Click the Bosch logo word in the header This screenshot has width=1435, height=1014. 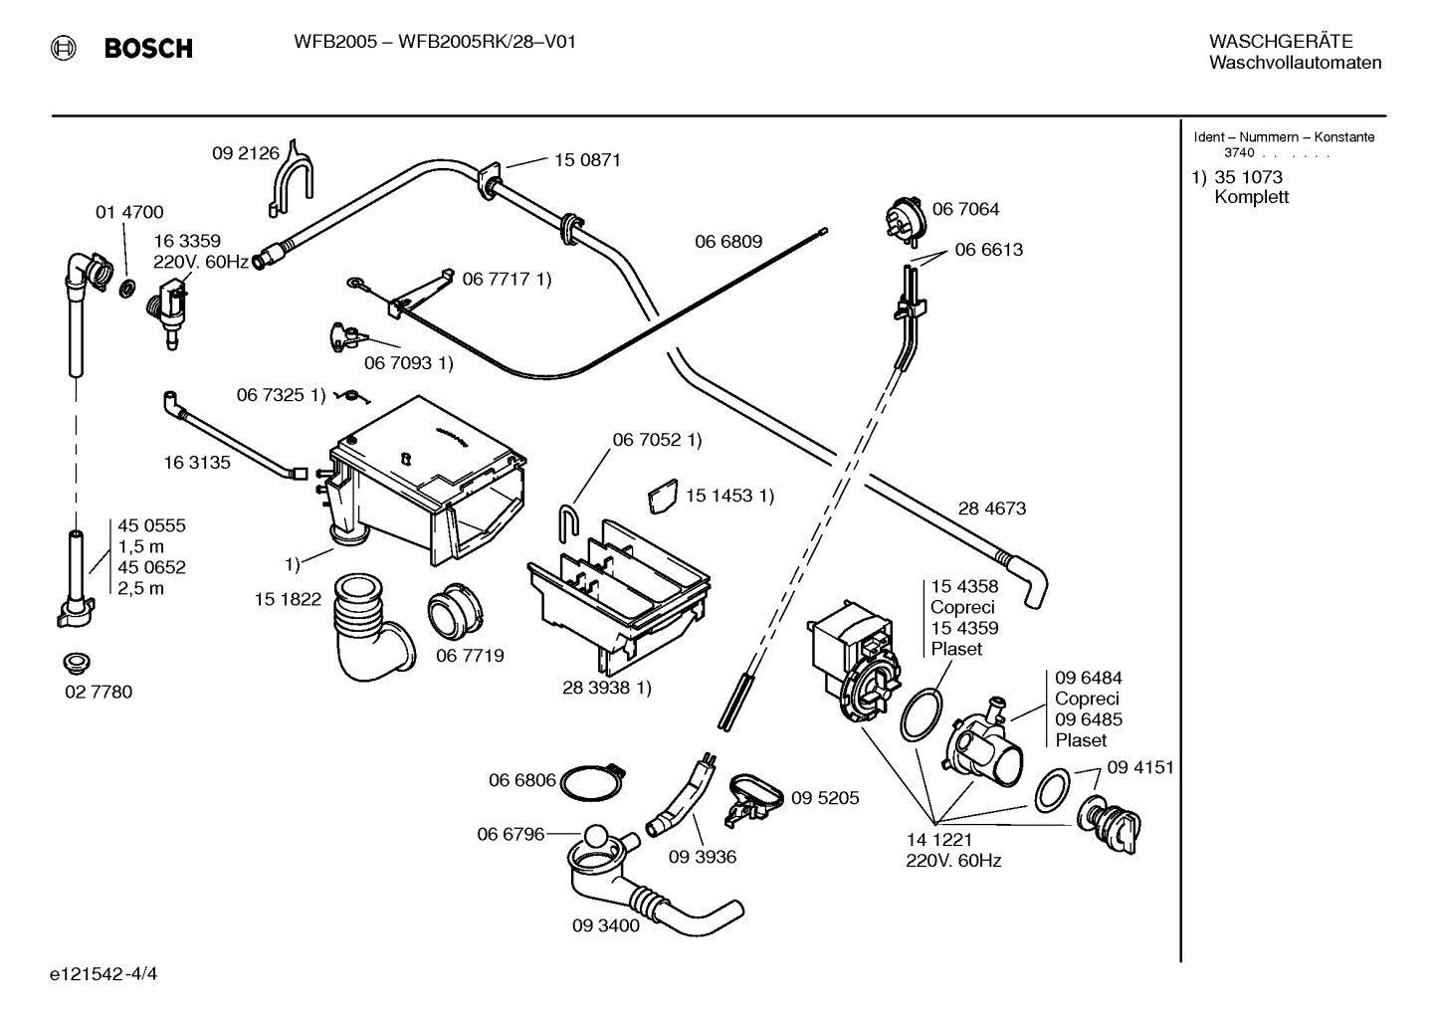point(148,49)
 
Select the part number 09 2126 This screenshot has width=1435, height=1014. point(246,153)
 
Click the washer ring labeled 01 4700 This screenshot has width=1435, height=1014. point(128,289)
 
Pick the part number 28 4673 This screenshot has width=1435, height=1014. point(992,507)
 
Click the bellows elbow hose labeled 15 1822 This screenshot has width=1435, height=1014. point(371,627)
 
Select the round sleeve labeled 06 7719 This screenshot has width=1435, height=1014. point(455,611)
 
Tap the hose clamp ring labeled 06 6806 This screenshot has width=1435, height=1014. point(592,781)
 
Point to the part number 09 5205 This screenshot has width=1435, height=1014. point(825,797)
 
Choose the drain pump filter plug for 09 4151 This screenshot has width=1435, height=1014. point(1109,824)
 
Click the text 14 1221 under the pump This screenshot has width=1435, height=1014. point(939,839)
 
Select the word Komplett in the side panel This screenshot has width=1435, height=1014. point(1251,197)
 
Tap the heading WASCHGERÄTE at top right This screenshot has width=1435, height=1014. point(1281,41)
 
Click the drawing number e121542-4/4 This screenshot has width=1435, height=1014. point(103,973)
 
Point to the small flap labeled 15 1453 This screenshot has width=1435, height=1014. point(663,496)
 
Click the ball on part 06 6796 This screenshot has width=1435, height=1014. point(596,837)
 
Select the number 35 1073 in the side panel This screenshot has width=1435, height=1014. point(1249,176)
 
